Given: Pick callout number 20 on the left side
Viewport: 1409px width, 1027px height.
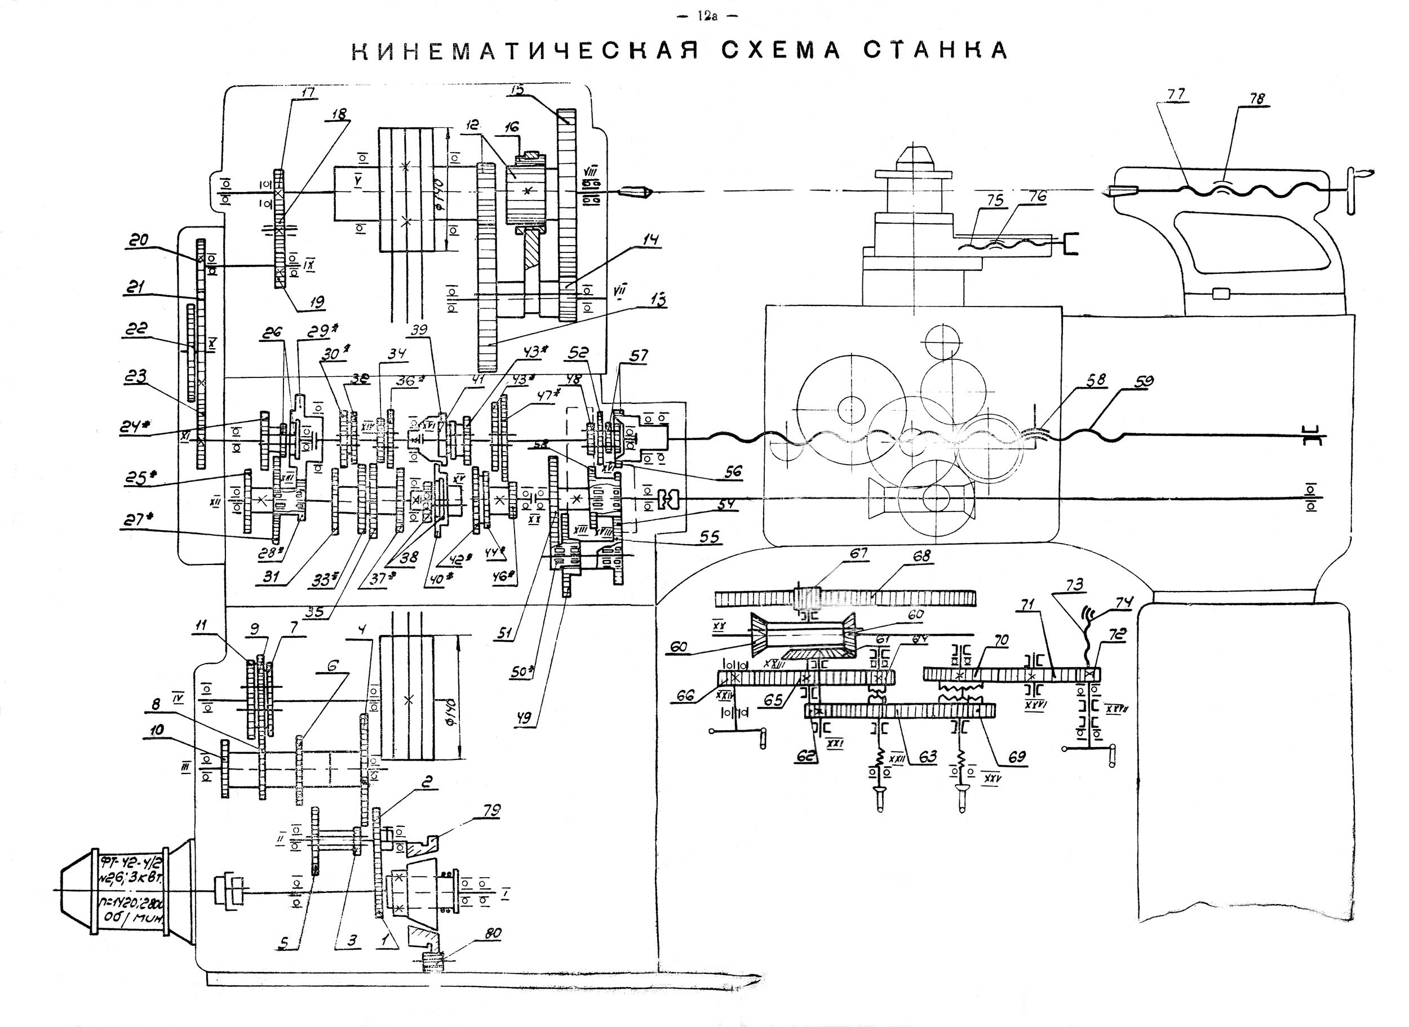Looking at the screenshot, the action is (139, 240).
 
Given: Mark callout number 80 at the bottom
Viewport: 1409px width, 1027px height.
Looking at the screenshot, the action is (494, 933).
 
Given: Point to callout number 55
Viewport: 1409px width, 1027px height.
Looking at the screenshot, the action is (710, 536).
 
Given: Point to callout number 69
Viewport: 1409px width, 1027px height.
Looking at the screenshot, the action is (1017, 757).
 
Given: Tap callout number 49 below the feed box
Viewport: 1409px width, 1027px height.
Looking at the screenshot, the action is (530, 722).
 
